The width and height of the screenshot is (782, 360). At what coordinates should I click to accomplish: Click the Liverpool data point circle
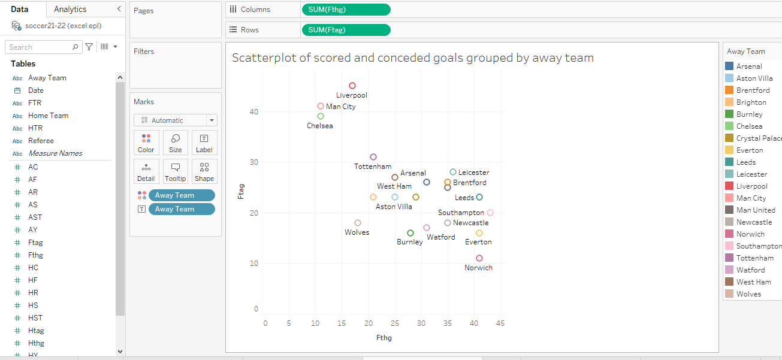[352, 86]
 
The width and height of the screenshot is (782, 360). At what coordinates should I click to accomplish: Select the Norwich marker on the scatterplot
[479, 258]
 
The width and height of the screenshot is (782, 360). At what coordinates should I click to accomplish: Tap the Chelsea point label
[319, 126]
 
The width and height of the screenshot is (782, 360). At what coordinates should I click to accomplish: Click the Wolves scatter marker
[358, 223]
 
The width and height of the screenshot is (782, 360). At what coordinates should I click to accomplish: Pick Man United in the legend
[755, 210]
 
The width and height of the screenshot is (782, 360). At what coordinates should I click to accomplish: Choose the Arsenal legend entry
[749, 66]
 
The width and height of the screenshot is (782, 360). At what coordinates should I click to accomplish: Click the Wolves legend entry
[748, 294]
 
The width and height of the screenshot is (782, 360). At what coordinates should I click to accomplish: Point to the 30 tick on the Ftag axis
[254, 162]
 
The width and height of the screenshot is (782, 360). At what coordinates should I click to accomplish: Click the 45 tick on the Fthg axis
[500, 323]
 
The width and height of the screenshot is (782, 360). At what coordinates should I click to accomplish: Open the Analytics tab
[70, 9]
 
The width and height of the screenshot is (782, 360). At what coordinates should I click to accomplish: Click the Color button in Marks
[146, 143]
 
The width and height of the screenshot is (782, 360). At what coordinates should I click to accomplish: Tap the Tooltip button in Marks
[176, 171]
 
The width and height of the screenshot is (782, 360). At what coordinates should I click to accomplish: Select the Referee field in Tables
[41, 141]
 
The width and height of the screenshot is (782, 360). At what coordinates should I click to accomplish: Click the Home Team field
[48, 116]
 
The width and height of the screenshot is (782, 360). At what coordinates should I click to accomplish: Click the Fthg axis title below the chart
[384, 338]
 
